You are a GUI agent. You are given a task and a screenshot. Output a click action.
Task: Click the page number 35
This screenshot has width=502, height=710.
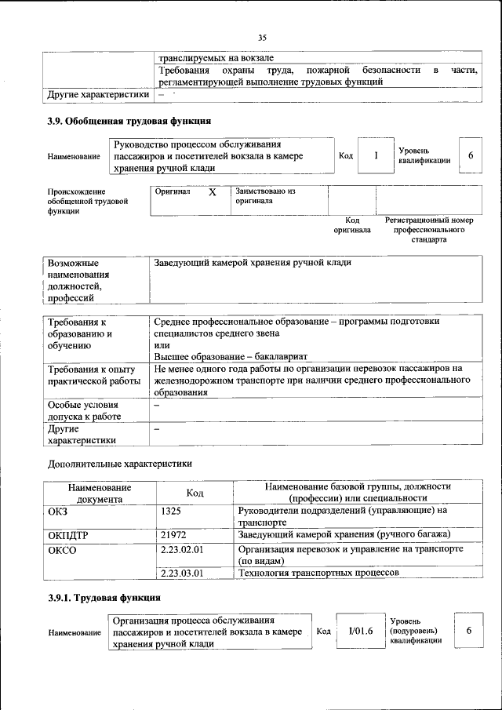coord(263,37)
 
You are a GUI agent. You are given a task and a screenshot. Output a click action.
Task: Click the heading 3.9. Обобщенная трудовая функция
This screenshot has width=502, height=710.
coord(129,121)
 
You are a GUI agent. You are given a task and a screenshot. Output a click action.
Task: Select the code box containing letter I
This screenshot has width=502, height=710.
coord(376,155)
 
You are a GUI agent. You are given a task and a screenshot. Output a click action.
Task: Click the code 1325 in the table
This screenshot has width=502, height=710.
coord(172,511)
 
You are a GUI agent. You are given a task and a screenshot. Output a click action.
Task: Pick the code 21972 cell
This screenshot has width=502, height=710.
coord(173,534)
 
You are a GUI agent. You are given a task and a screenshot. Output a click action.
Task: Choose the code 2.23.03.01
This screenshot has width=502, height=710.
coord(181,573)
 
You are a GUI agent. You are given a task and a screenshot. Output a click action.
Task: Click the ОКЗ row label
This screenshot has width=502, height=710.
coord(58,511)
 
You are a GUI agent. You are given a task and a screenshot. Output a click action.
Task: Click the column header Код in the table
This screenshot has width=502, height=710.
coord(195,493)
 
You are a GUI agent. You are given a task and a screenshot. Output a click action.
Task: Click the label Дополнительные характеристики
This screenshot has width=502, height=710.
coord(119,464)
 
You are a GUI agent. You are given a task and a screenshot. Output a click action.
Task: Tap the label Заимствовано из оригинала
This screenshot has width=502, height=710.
coord(264,195)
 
